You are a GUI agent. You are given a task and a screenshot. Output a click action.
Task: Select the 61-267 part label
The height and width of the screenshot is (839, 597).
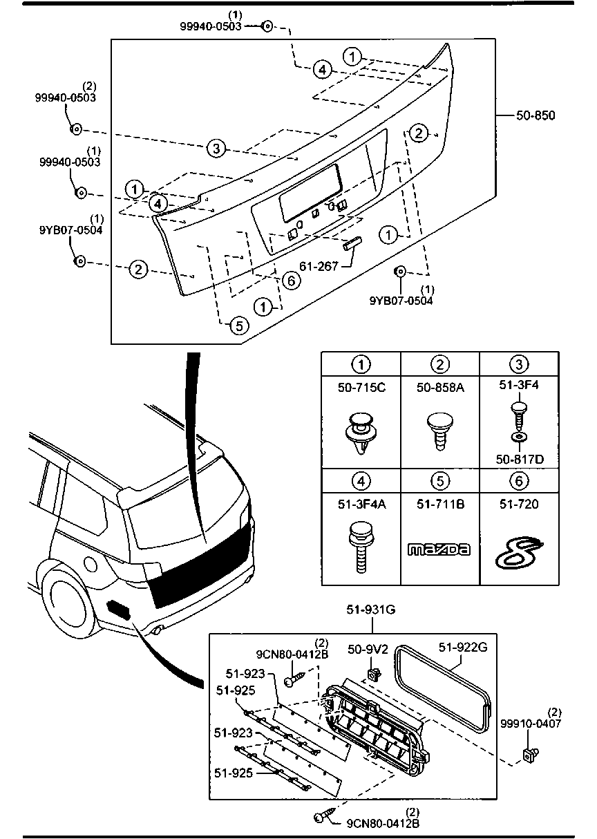coord(319,265)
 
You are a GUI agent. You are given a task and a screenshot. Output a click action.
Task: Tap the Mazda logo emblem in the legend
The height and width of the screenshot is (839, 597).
coord(439,549)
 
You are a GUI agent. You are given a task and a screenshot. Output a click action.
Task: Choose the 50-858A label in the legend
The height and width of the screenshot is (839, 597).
coord(440,388)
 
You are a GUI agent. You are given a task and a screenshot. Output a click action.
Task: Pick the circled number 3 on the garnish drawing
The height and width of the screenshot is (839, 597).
coord(216,148)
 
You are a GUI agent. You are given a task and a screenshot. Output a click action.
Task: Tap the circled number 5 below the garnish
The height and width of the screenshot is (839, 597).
coord(237,326)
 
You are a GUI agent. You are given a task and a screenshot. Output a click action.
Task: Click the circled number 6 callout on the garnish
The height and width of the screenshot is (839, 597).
coord(291,280)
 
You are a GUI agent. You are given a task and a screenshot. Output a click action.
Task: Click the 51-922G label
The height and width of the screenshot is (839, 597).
coord(464,647)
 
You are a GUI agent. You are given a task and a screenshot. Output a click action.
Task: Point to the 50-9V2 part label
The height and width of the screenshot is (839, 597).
coord(368,649)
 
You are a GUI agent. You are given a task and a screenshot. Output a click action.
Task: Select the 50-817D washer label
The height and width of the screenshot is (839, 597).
coord(520,458)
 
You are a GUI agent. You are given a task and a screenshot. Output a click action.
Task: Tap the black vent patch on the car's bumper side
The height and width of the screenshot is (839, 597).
coord(117,608)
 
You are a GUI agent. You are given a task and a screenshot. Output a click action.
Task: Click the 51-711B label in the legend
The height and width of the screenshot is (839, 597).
coord(440,505)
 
